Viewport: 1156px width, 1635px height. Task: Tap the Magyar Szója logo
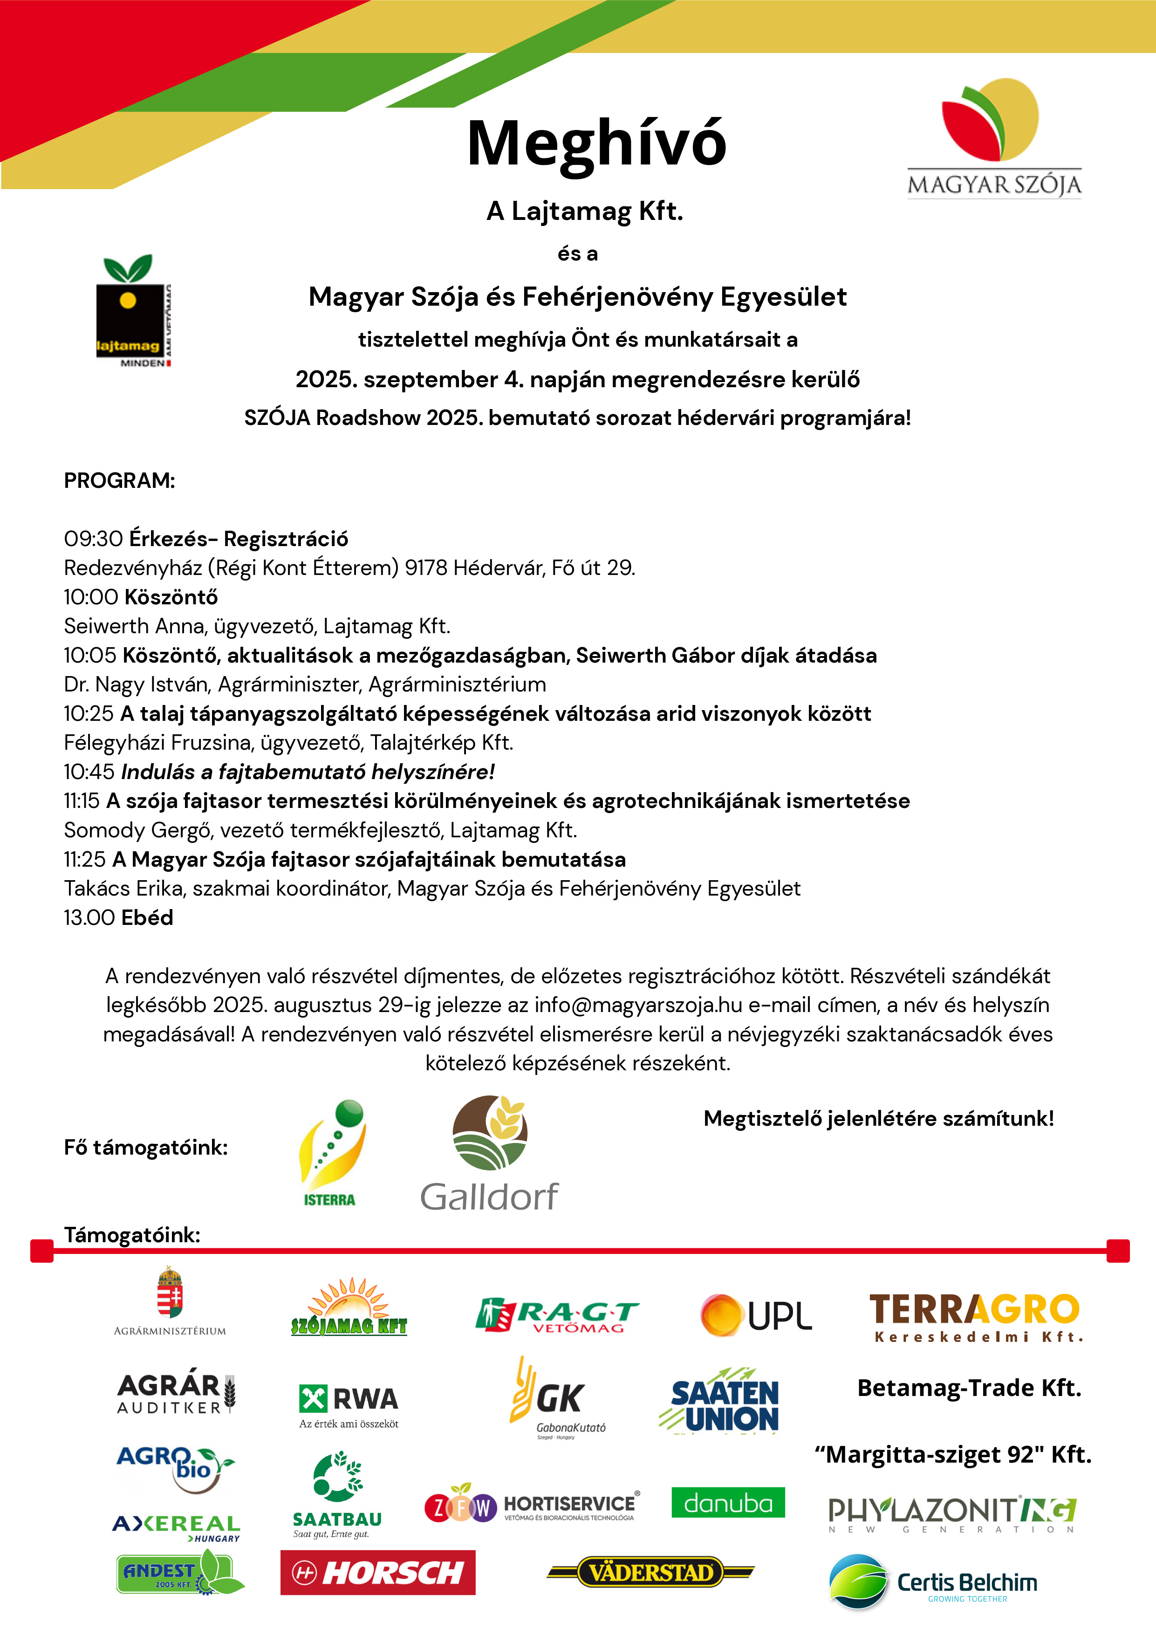[993, 139]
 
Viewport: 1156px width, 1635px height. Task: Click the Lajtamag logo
[133, 311]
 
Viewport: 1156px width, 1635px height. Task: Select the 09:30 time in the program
[93, 539]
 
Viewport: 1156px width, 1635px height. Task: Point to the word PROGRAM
[119, 481]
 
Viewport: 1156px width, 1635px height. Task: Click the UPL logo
[756, 1314]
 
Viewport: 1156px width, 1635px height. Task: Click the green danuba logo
[727, 1503]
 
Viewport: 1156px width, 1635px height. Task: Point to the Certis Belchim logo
[933, 1582]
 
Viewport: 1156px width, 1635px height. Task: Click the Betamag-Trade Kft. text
[969, 1388]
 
